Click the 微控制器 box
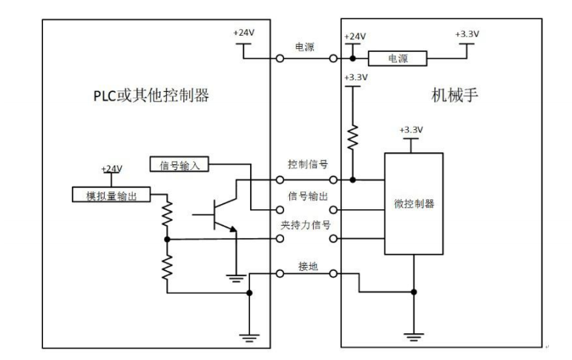coord(412,203)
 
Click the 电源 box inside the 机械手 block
coord(398,58)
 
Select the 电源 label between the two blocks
coord(306,45)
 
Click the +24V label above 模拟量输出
coord(111,168)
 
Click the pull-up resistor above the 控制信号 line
coord(353,136)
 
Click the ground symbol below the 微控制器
coord(412,336)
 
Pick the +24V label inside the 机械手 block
coord(355,35)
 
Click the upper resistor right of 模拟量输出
coord(168,214)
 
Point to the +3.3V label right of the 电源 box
coord(467,33)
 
